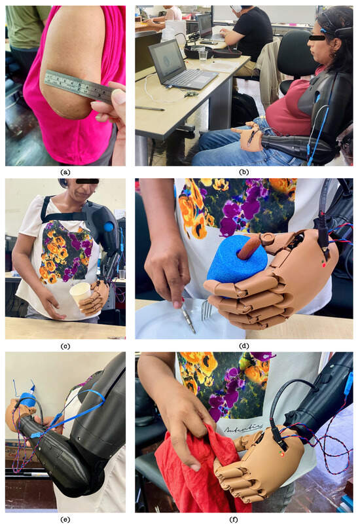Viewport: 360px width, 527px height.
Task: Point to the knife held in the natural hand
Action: pos(186,318)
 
